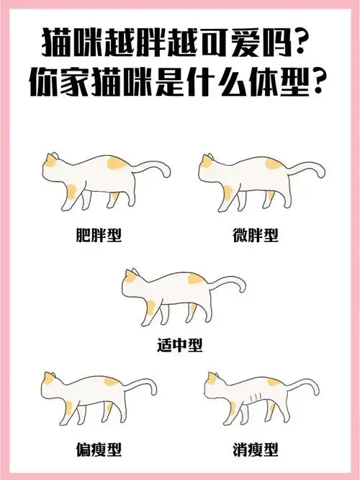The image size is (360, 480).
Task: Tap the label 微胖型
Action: [x=256, y=236]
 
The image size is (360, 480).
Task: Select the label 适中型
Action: [x=179, y=345]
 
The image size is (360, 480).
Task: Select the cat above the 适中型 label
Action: [x=173, y=292]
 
